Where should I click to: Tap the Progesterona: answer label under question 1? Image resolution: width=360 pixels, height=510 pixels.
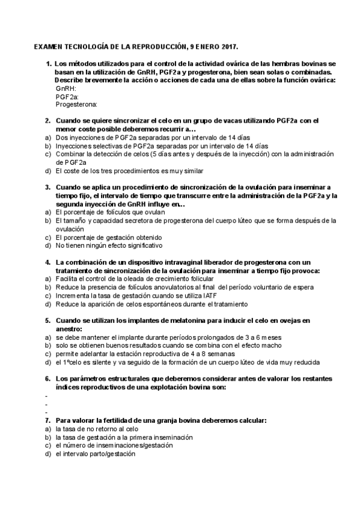pos(76,103)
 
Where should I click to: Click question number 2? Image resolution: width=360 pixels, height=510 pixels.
pos(47,121)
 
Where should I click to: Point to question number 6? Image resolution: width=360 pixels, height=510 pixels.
pos(47,379)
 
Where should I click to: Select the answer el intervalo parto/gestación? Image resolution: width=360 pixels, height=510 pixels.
pos(95,454)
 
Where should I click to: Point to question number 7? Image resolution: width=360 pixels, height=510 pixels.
pos(47,420)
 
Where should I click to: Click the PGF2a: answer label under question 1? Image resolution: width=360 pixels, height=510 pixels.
pos(67,96)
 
